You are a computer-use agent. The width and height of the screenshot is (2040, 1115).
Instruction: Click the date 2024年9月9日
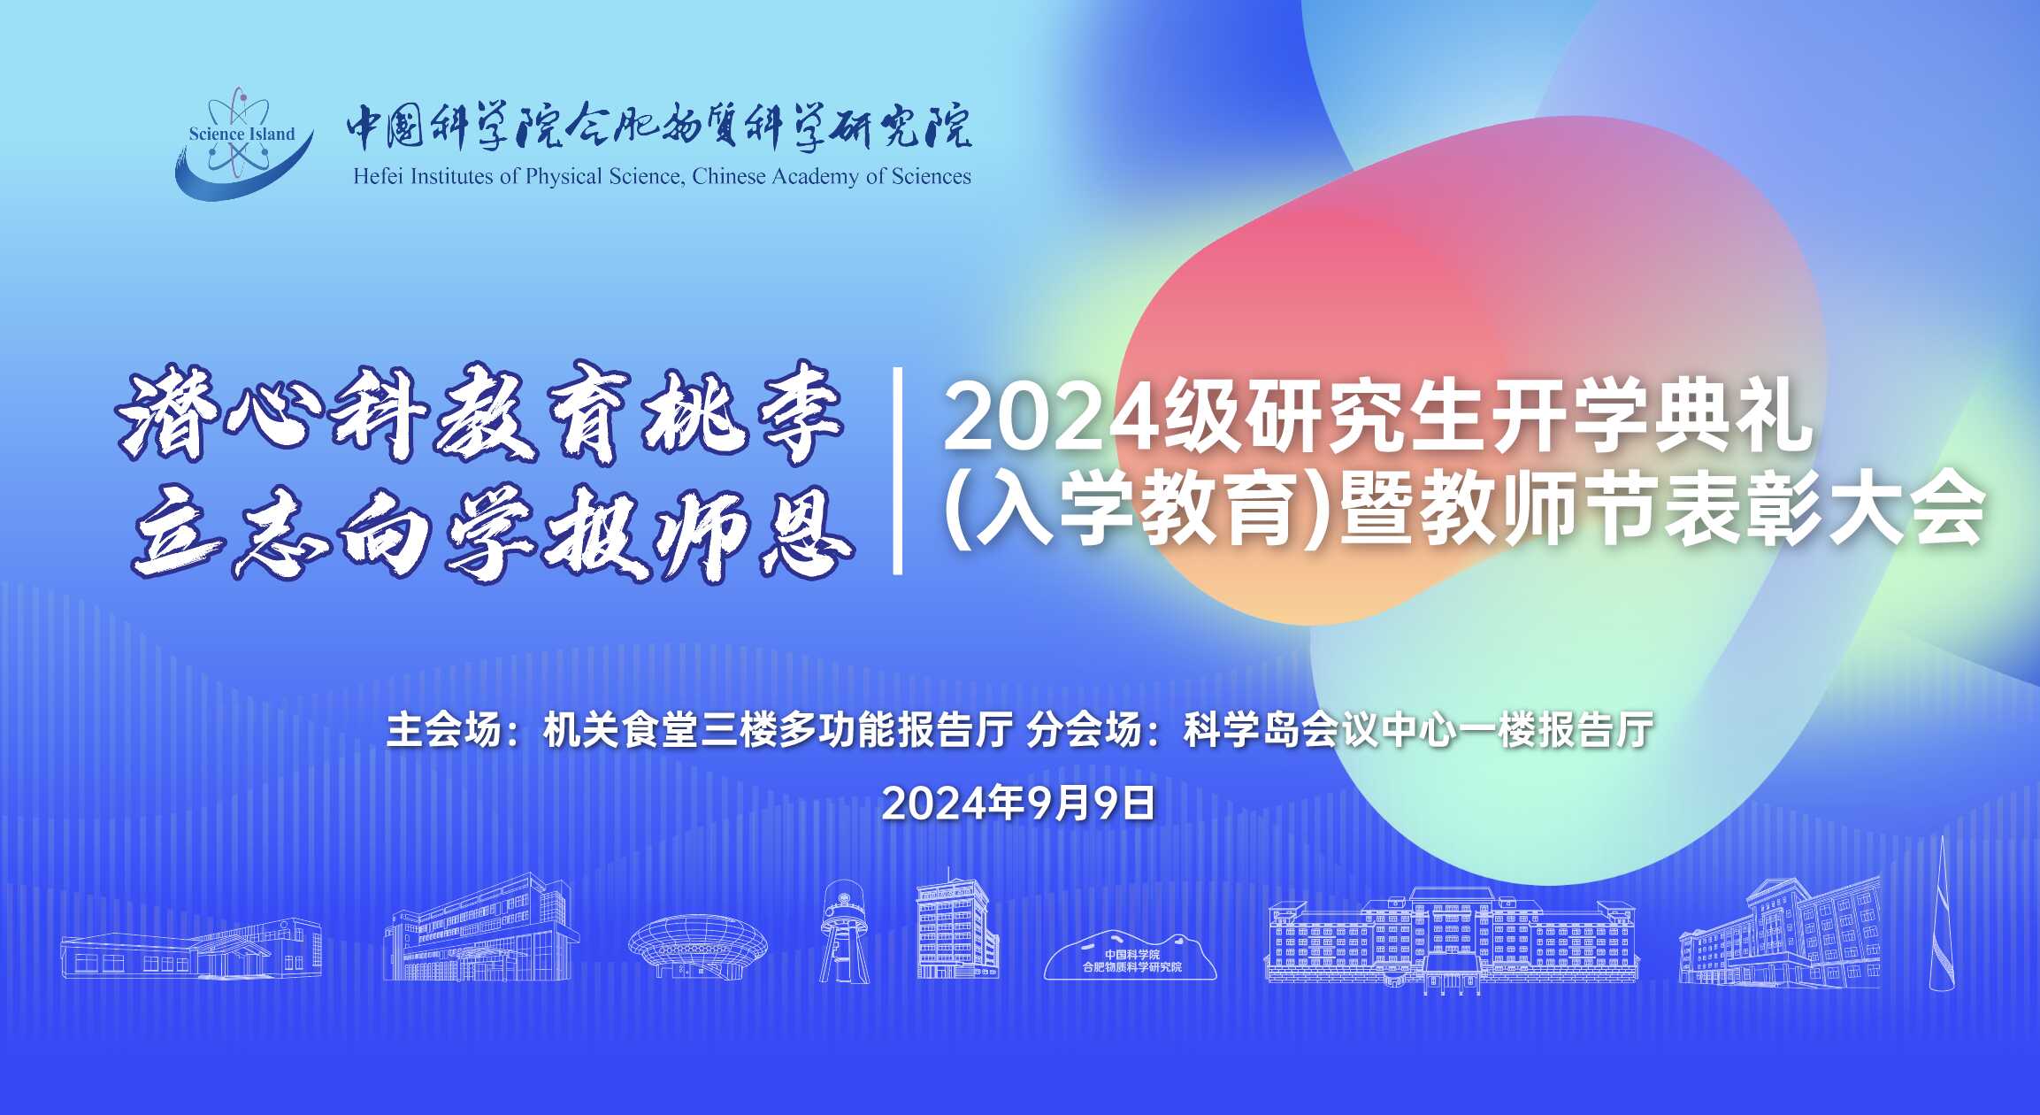click(x=1019, y=803)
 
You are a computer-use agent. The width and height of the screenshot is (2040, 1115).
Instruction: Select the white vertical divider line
click(x=898, y=471)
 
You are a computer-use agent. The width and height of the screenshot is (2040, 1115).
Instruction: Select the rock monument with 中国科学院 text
click(x=1131, y=955)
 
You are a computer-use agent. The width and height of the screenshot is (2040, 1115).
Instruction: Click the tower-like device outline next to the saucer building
click(x=845, y=931)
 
